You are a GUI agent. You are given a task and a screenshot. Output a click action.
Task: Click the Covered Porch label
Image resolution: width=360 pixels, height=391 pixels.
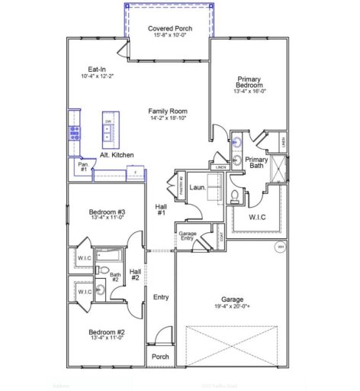click(169, 29)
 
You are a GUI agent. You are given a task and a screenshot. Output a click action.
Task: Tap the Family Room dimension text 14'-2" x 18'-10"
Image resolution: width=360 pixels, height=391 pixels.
click(168, 119)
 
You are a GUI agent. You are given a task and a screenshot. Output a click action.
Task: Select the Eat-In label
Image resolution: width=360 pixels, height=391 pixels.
click(97, 69)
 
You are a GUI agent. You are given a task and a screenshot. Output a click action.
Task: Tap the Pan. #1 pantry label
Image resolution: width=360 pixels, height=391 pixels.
click(82, 166)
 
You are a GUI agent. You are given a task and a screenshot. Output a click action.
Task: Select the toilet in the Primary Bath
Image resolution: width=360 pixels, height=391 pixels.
click(236, 196)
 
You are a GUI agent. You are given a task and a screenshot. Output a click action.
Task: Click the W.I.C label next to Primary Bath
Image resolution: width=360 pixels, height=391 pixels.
click(256, 216)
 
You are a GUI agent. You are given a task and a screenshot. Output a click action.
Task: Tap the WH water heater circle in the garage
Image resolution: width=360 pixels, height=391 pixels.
click(280, 247)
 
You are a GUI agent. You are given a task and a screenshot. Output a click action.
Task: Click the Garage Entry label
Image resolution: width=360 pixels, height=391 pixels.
click(186, 236)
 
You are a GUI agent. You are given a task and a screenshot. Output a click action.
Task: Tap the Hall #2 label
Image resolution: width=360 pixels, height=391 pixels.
click(135, 274)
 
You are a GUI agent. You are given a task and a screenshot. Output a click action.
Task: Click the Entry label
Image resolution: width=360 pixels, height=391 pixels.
click(161, 297)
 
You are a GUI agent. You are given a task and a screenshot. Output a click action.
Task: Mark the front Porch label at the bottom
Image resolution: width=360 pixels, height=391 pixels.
click(160, 357)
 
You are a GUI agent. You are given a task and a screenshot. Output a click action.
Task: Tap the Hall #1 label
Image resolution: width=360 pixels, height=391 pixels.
click(161, 209)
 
